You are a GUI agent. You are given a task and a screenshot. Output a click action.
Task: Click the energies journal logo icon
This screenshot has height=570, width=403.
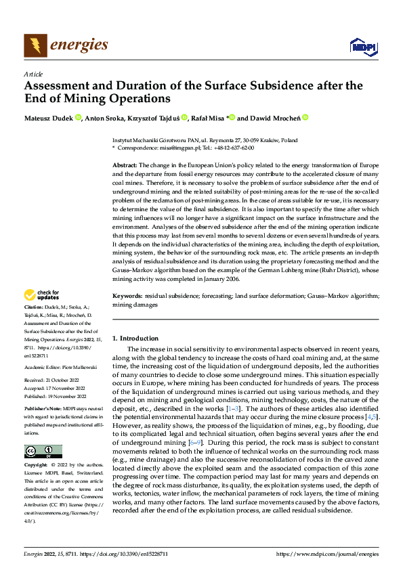[x=35, y=45]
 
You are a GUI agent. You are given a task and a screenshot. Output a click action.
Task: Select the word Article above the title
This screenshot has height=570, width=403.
[x=33, y=74]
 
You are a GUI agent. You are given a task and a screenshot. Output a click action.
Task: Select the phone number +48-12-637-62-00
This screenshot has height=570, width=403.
[x=231, y=147]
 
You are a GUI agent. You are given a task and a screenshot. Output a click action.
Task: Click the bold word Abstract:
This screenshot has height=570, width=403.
[x=125, y=165]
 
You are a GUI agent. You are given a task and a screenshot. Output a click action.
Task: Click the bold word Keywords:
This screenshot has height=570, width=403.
[x=127, y=296]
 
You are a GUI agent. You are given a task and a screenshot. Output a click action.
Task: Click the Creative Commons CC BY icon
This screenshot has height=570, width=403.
[x=43, y=452]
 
